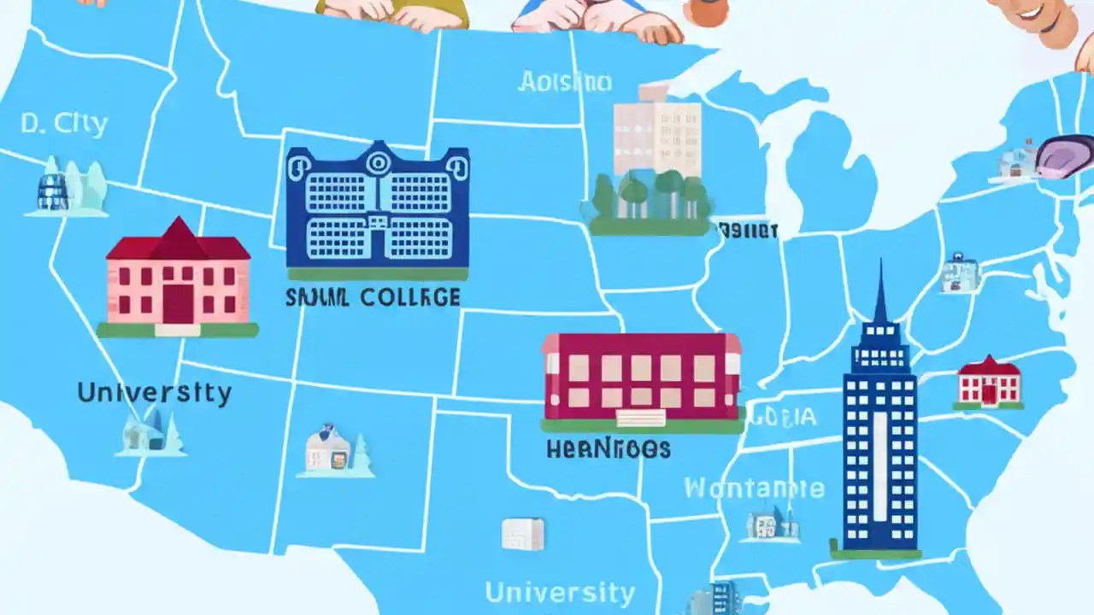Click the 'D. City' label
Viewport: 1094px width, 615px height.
[x=64, y=125]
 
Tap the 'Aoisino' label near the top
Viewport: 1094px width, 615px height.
[x=565, y=82]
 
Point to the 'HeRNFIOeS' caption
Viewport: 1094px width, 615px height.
[x=608, y=449]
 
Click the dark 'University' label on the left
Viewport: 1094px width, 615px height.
[x=154, y=393]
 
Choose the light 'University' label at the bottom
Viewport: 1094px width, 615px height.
[x=560, y=592]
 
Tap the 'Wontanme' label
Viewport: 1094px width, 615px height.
[x=754, y=489]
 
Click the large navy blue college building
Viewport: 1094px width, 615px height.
[x=377, y=209]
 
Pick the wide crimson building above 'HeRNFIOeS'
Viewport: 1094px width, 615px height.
[x=641, y=376]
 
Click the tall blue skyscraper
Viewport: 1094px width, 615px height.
[x=879, y=436]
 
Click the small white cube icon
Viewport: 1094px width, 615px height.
[x=522, y=534]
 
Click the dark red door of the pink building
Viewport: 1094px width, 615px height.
[x=179, y=304]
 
